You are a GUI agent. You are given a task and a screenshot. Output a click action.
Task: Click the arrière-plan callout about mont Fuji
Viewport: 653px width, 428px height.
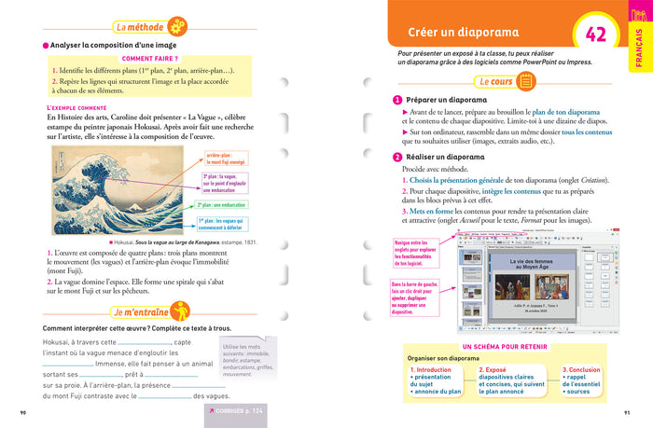[x=225, y=159]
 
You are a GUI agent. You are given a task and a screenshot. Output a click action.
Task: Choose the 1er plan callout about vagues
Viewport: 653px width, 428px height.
[x=228, y=225]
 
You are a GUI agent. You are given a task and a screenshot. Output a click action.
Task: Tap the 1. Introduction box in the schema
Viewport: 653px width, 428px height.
[x=438, y=381]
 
